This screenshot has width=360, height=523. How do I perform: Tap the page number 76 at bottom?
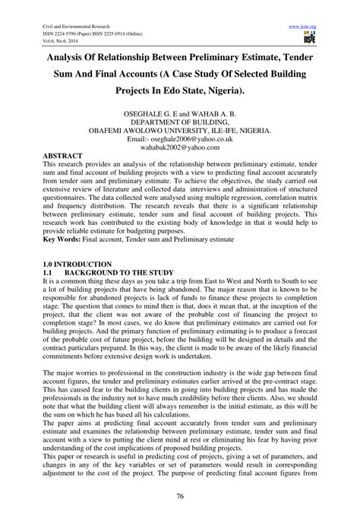(x=179, y=496)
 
